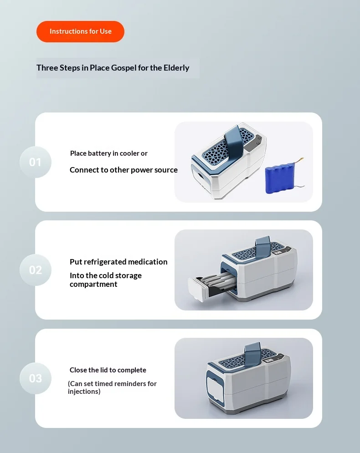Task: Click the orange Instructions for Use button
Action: coord(80,31)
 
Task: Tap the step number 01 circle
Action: coord(35,162)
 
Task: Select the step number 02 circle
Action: coord(35,270)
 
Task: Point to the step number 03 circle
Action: coord(35,378)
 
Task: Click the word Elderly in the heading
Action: coord(176,68)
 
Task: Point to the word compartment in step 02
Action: coord(93,284)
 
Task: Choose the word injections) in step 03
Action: coord(84,392)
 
